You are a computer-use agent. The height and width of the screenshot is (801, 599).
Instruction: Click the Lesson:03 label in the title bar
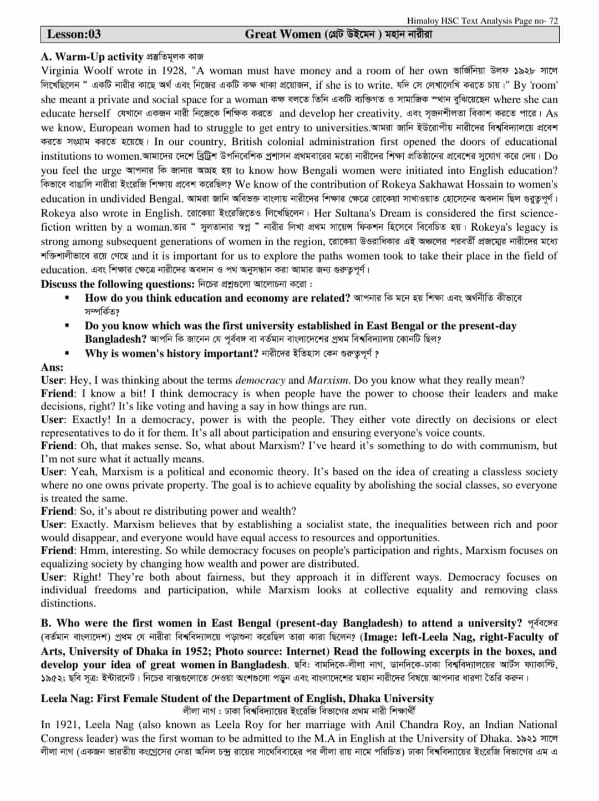point(74,34)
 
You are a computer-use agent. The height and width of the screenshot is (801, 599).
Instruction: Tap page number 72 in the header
point(553,21)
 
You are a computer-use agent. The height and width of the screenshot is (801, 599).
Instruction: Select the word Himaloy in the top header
point(423,21)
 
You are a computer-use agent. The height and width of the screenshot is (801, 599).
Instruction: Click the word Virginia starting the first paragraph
point(60,71)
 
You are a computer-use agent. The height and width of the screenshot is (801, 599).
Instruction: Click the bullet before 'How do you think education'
point(67,298)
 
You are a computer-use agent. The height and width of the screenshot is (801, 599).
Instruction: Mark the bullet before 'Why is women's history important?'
point(67,353)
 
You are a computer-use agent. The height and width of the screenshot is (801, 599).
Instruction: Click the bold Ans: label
point(52,367)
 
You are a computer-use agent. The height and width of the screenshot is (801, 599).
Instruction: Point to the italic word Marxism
point(328,381)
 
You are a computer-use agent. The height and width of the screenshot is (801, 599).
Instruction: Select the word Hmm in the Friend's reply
point(92,551)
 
